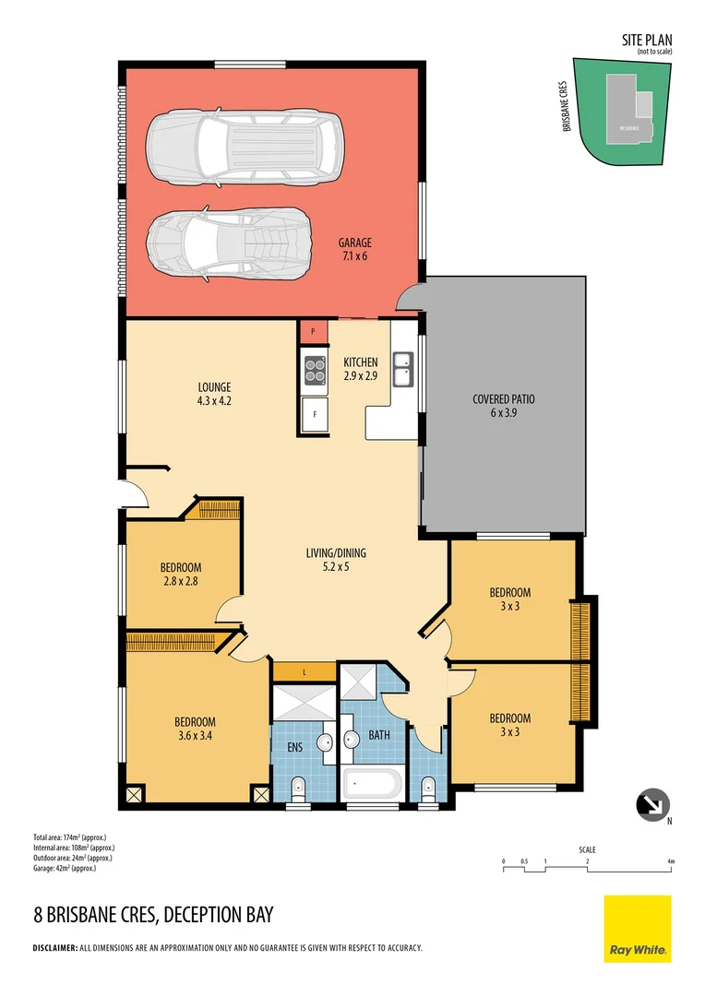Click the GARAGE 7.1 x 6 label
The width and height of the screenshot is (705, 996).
352,249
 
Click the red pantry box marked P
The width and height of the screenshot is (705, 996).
313,331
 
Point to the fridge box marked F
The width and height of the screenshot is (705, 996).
315,414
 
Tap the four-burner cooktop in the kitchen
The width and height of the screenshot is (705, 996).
315,369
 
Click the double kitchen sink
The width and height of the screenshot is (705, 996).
402,369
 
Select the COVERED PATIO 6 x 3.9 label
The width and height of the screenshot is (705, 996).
503,406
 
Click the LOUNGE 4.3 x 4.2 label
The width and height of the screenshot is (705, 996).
214,394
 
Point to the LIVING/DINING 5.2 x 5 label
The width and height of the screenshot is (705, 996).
336,560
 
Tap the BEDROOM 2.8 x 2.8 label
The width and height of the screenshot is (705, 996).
181,574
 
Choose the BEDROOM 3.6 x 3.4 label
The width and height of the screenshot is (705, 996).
195,728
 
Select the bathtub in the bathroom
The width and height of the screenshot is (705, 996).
372,786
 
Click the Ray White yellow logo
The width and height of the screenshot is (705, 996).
638,929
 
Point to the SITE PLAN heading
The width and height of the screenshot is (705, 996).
648,41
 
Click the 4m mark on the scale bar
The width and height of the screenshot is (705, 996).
671,861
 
